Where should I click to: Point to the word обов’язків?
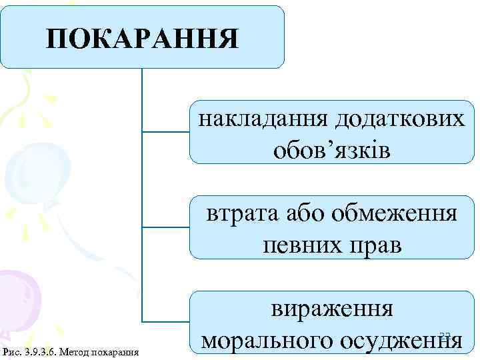[331, 150]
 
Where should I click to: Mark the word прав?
[373, 245]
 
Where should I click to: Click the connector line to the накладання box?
[167, 132]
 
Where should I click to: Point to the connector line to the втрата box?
[167, 227]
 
